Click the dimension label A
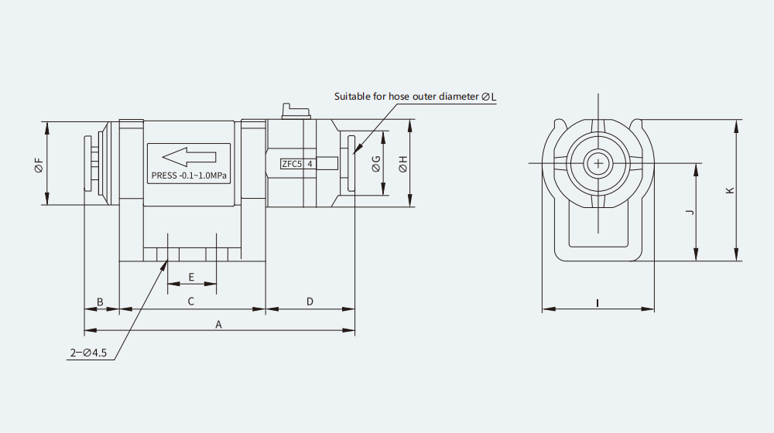click(219, 325)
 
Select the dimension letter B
click(100, 302)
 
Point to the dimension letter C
click(191, 302)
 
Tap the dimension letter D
click(310, 302)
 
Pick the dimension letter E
click(191, 277)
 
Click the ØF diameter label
click(39, 165)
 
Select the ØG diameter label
click(376, 164)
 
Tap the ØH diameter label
click(403, 164)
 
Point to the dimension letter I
click(598, 303)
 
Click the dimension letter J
click(690, 212)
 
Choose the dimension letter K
click(731, 190)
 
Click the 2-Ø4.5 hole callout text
click(88, 353)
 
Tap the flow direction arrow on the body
click(189, 157)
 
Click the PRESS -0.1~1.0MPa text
click(189, 176)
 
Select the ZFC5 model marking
click(291, 164)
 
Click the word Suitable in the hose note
click(352, 96)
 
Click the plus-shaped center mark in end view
click(598, 163)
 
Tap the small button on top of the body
click(296, 111)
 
